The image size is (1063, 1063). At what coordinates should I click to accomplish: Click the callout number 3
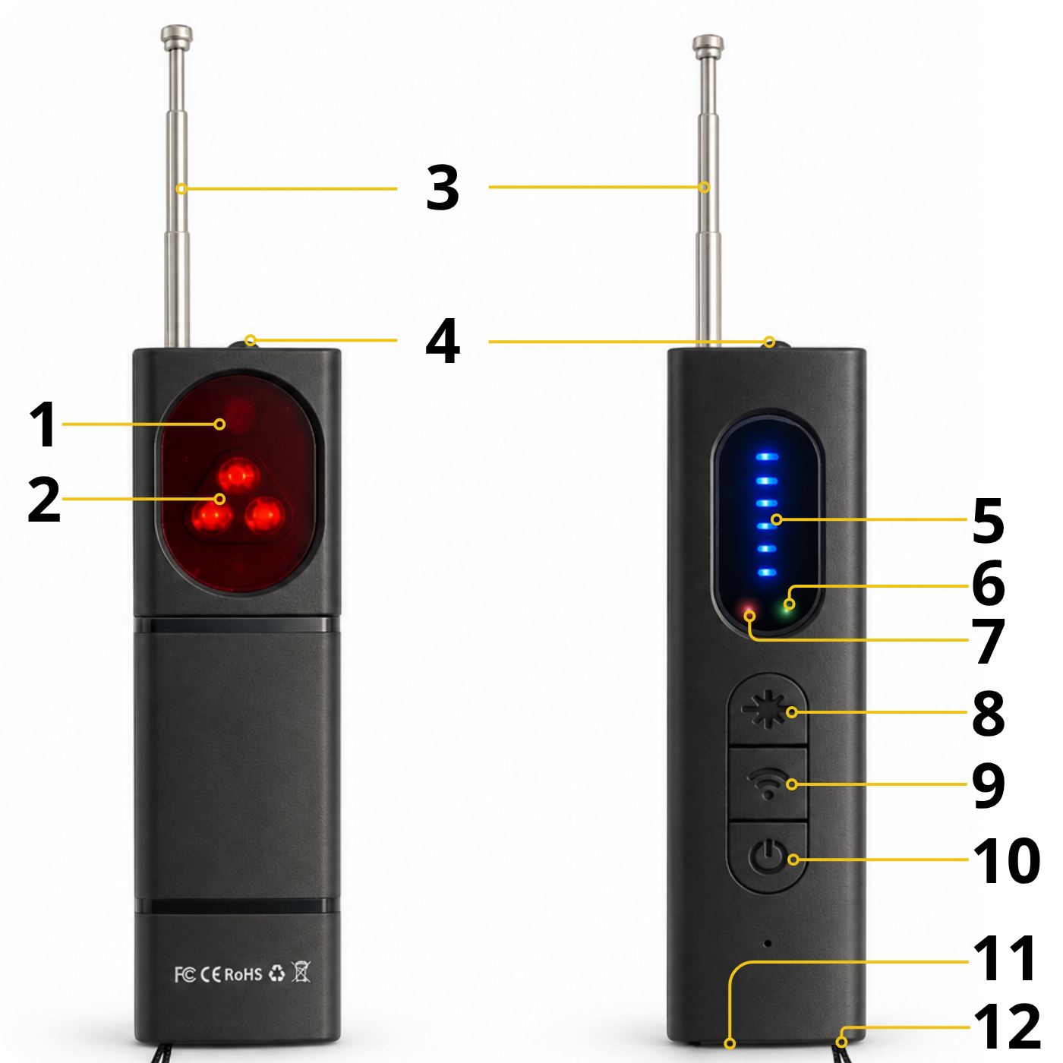click(x=443, y=188)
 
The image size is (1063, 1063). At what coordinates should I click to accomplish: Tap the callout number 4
click(x=443, y=341)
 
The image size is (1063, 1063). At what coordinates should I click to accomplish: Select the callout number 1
click(x=43, y=424)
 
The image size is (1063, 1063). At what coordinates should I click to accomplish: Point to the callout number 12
click(x=1008, y=1026)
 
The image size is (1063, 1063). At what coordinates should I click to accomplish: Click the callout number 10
click(x=1008, y=860)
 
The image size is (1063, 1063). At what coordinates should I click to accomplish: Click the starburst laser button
click(x=768, y=711)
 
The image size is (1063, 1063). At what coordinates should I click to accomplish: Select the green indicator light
click(x=787, y=605)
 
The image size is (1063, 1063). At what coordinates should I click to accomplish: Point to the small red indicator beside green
click(x=749, y=613)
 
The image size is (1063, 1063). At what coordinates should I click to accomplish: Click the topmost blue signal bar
click(x=767, y=457)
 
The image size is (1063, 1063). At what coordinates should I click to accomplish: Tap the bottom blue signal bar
click(x=767, y=572)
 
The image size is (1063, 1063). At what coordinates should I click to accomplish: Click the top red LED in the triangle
click(x=238, y=475)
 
